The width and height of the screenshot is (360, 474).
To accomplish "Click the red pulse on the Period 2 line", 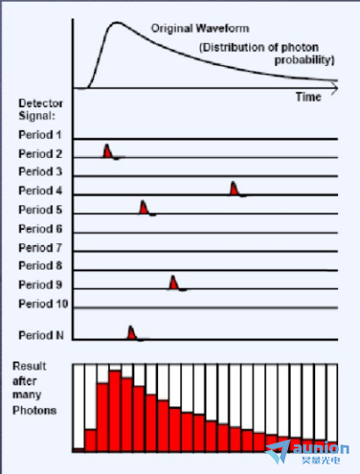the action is point(107,152).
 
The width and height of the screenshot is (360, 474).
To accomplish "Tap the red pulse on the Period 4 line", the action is point(234,189).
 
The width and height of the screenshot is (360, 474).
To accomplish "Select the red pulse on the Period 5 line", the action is point(144,208).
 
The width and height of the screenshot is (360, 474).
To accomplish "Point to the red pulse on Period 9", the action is point(173,283).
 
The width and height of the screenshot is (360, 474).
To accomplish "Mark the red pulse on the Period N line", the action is point(131,333).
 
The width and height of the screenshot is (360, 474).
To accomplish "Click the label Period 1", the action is point(40,134).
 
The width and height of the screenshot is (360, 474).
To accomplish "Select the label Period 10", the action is point(43,304).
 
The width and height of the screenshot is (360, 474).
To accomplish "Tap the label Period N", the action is point(41,335).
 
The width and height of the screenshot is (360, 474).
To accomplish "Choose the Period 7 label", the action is point(40,248).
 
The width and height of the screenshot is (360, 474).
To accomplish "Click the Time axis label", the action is point(308,97).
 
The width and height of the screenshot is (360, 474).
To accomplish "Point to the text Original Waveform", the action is point(200,28).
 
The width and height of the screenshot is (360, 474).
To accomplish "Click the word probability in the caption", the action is point(305,61).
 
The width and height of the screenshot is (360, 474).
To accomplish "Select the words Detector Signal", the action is point(40,110).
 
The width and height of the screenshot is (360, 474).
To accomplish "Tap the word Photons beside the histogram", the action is point(34,410).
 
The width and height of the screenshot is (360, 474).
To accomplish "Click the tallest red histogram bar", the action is point(115,411).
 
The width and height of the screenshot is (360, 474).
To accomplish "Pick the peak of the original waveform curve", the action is point(117,22).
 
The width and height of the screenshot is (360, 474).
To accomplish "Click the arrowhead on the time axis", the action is point(335,89).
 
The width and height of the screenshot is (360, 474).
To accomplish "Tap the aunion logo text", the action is point(321,449).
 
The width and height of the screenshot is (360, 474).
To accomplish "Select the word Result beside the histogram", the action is point(29,366).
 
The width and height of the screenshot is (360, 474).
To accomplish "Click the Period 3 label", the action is point(40,171).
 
